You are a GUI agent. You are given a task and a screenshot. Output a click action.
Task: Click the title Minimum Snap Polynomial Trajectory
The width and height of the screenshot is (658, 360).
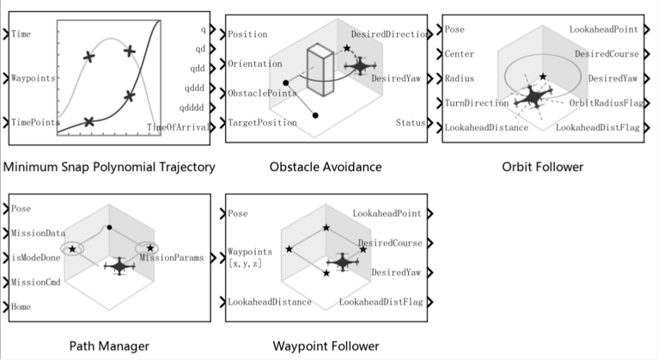(108, 165)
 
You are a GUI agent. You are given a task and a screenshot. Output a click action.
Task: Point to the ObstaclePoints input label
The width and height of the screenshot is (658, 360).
(262, 93)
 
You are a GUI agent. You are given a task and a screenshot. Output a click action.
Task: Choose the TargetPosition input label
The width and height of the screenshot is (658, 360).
(263, 123)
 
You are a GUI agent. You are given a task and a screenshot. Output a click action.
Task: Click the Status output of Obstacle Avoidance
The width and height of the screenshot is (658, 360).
(410, 123)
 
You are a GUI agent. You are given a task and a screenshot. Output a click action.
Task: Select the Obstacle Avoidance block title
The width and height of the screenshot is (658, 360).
(326, 165)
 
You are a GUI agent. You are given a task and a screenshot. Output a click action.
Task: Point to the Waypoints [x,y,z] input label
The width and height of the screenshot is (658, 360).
(251, 257)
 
